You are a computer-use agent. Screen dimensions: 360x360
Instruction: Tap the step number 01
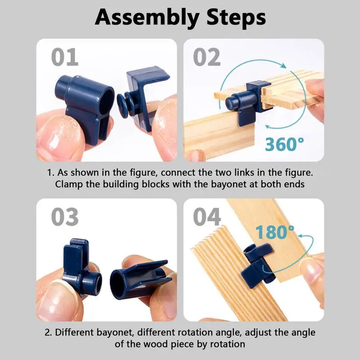(64, 57)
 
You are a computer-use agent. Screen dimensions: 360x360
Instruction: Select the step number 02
(207, 57)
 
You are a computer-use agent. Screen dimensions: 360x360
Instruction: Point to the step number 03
(65, 217)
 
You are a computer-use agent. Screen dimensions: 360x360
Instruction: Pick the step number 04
(207, 217)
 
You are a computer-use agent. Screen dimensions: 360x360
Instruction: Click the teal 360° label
(284, 144)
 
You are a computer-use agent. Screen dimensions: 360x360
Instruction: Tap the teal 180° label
(274, 232)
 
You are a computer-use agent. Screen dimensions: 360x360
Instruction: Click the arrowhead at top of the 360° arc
(283, 65)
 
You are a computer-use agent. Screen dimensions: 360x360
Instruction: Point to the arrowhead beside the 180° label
(301, 236)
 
